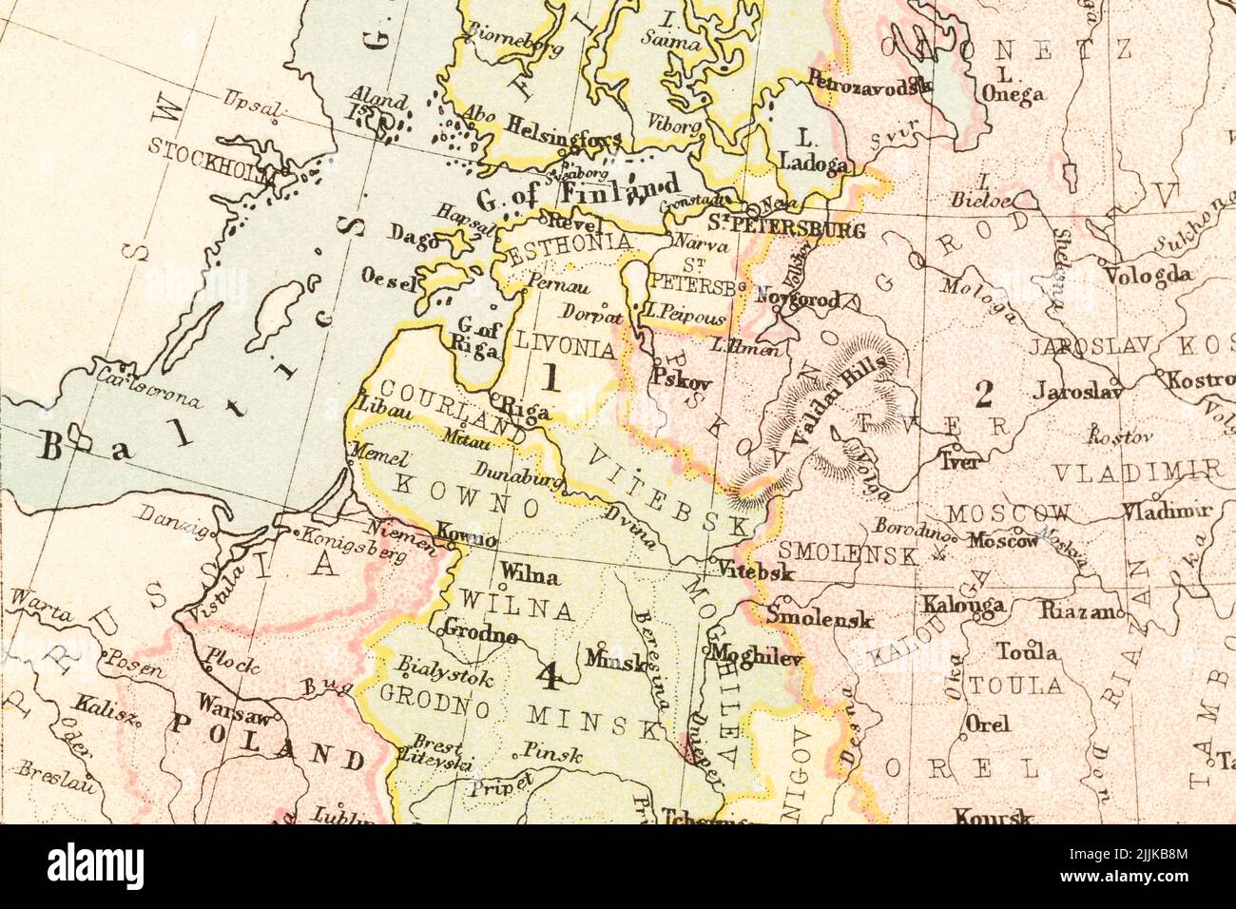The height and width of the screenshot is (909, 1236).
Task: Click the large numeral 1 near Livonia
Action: tap(550, 377)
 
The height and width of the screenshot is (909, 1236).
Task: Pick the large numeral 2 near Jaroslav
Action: tap(983, 392)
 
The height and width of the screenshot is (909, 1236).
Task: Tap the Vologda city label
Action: tap(1148, 276)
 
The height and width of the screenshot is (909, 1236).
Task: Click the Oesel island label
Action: tap(389, 279)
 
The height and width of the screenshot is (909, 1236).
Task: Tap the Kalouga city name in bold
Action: tap(962, 605)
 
